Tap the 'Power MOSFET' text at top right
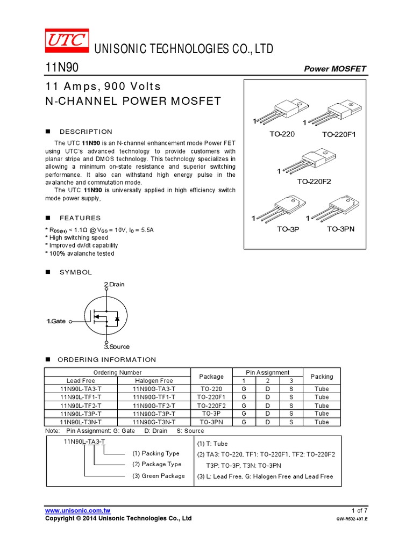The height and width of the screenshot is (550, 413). point(335,69)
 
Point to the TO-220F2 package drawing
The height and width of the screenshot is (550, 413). point(309,160)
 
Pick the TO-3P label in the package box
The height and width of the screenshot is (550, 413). point(288,229)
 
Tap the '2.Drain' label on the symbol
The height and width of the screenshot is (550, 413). point(113,284)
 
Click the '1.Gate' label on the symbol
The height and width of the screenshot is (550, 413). point(55,321)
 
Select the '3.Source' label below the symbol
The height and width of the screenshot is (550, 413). point(117,347)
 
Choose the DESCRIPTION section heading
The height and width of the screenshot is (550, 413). point(86,132)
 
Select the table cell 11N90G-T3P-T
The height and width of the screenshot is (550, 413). point(154,414)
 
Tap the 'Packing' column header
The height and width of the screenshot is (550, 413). point(322,377)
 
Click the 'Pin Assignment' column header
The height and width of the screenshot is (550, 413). point(268,372)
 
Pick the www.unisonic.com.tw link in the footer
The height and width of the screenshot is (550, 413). point(77,510)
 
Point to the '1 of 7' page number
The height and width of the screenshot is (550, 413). point(359,510)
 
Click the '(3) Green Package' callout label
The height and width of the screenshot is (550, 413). point(159,476)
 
